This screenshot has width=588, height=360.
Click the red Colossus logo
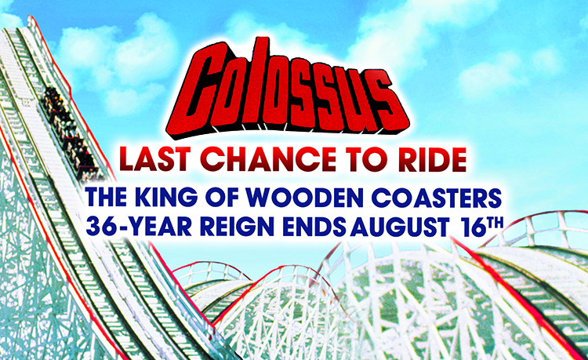(287, 89)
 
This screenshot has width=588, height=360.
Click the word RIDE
(429, 159)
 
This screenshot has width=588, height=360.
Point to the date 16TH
(483, 227)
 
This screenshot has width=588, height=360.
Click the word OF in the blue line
(223, 198)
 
